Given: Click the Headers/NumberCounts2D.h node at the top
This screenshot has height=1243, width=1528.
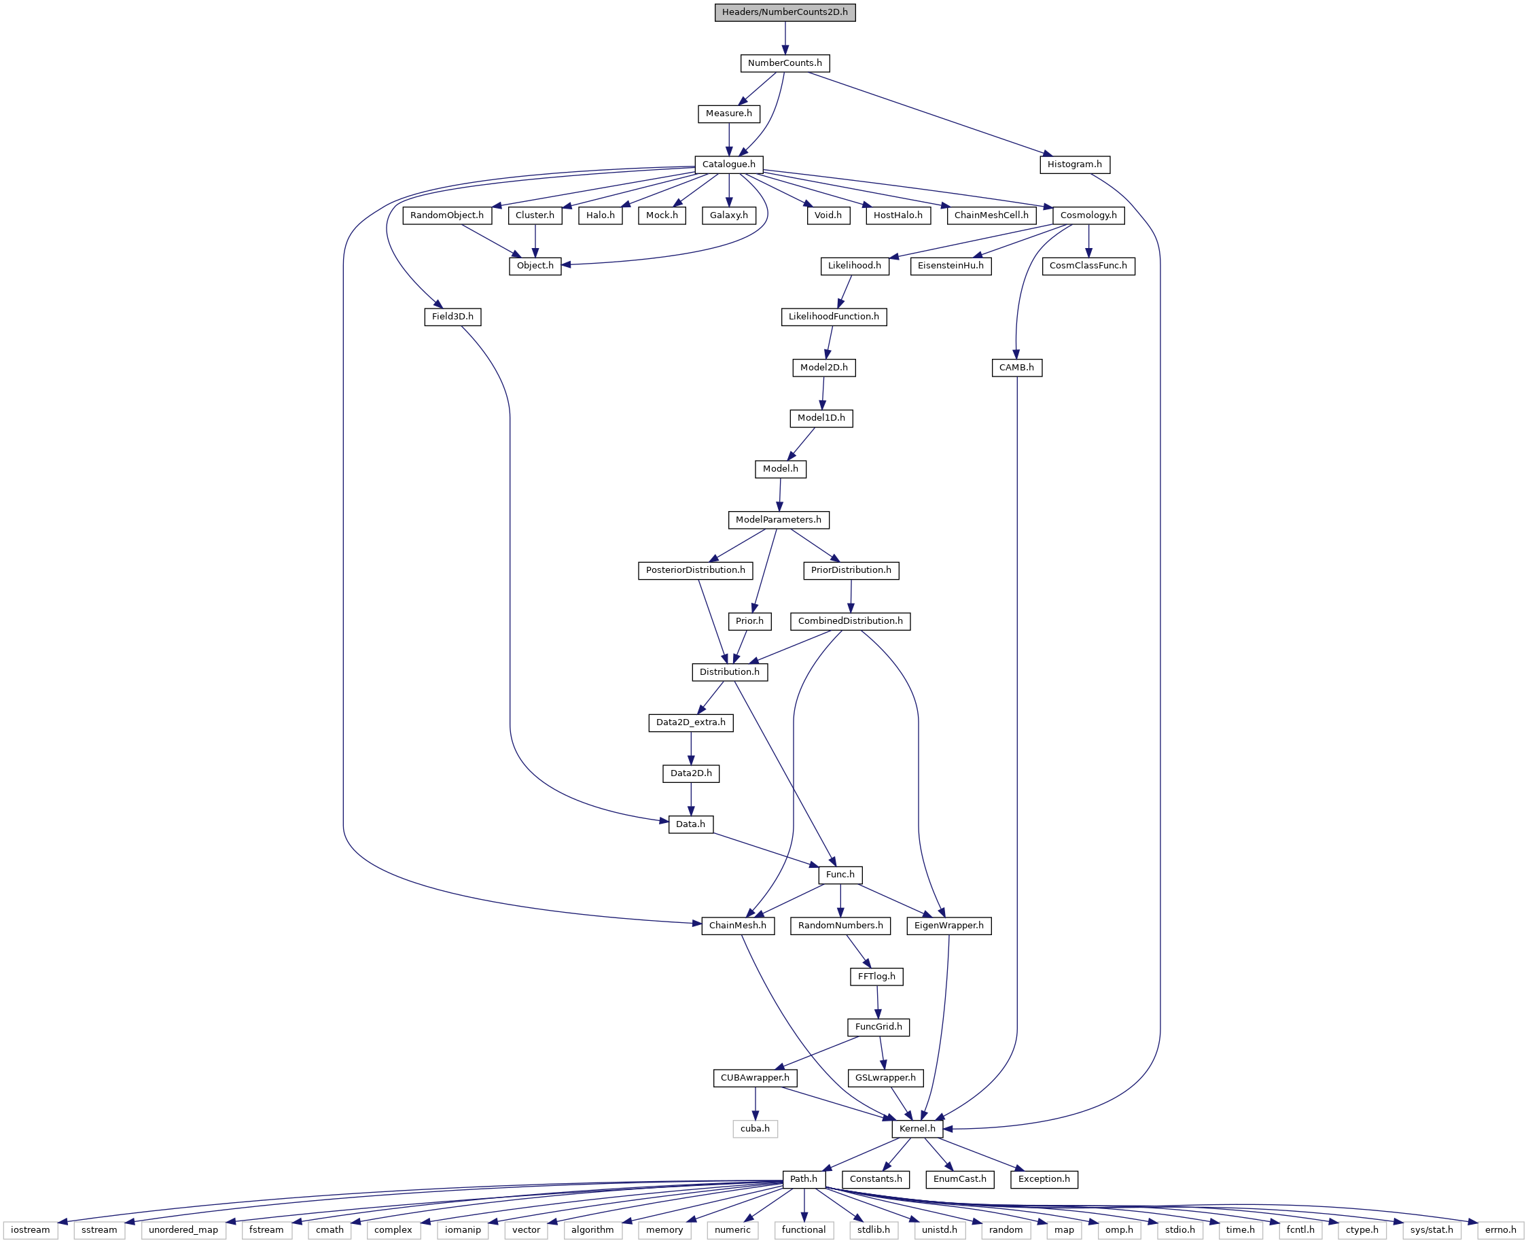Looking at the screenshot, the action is pyautogui.click(x=785, y=12).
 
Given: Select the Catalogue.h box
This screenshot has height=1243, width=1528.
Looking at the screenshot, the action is pyautogui.click(x=728, y=164).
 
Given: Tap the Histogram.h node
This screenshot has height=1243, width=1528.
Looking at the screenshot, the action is pyautogui.click(x=1074, y=164).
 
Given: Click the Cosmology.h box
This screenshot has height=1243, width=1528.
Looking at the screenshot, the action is pyautogui.click(x=1088, y=215).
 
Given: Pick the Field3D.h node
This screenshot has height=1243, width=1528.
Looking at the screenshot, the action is pyautogui.click(x=452, y=317).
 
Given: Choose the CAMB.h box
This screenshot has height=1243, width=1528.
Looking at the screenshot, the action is pyautogui.click(x=1016, y=367).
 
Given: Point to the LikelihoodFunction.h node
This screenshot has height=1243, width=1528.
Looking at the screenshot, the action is pyautogui.click(x=834, y=317).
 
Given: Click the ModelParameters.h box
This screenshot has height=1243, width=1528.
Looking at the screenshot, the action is pyautogui.click(x=779, y=519).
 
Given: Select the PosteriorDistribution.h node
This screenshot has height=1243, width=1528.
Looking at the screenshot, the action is pyautogui.click(x=695, y=570).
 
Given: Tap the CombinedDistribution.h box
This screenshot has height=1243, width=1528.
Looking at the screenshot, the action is pyautogui.click(x=850, y=620).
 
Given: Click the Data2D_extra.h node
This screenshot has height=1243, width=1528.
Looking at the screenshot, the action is pyautogui.click(x=691, y=722).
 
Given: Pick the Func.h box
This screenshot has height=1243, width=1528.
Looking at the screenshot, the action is pyautogui.click(x=840, y=874).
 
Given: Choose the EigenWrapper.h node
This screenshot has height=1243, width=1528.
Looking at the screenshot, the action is pyautogui.click(x=949, y=925).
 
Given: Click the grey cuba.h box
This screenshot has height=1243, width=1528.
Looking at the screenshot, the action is pyautogui.click(x=755, y=1128).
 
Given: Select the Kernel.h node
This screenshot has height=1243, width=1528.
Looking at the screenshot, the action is pyautogui.click(x=917, y=1128).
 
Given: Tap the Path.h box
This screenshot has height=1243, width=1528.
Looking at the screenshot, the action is pyautogui.click(x=804, y=1178).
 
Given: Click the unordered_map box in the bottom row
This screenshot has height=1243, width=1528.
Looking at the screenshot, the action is pyautogui.click(x=183, y=1229).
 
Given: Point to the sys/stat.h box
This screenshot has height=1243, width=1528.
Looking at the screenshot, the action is pyautogui.click(x=1432, y=1229).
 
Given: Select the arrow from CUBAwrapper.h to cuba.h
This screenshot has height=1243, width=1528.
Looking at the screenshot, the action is pyautogui.click(x=755, y=1104).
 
